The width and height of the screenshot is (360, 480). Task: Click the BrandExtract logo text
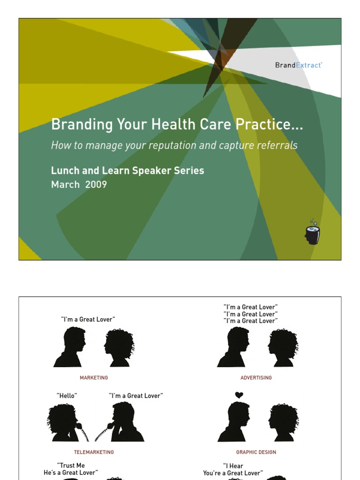[x=299, y=65]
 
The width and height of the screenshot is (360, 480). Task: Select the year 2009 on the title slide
[x=96, y=185]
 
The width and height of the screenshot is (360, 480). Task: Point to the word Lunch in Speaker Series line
[x=65, y=171]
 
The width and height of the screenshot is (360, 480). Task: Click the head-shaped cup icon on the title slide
[x=312, y=233]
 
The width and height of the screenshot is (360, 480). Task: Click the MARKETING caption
[x=94, y=378]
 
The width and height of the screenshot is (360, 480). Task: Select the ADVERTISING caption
[x=256, y=378]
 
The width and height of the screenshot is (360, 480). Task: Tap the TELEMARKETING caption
[x=94, y=452]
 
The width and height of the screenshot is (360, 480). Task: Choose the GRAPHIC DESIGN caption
[x=256, y=452]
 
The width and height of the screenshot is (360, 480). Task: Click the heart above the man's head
[x=239, y=395]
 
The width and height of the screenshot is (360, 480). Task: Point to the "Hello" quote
[x=67, y=396]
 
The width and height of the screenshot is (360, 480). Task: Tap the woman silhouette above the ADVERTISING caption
[x=283, y=347]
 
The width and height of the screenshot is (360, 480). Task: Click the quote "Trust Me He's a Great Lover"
[x=71, y=469]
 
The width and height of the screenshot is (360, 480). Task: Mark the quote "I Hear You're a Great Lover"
[x=233, y=470]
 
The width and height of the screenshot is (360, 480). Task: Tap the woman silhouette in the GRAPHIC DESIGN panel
[x=283, y=422]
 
